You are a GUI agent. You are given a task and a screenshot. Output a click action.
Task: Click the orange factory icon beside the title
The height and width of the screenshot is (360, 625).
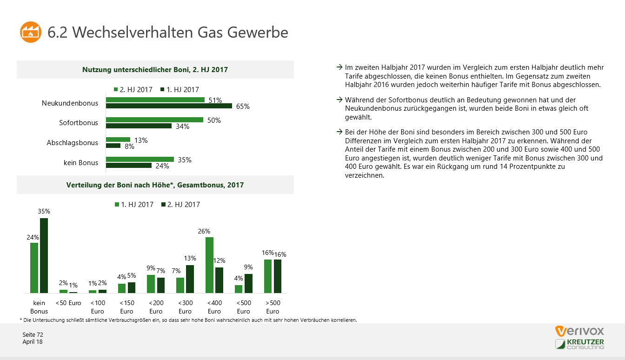(x=31, y=32)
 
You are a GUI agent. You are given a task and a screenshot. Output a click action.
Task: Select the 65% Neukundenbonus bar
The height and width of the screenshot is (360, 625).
(x=169, y=106)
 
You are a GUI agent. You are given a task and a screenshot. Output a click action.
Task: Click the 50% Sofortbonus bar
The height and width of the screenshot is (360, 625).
(x=154, y=120)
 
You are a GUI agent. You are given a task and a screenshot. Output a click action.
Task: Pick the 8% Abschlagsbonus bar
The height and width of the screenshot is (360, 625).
(x=113, y=146)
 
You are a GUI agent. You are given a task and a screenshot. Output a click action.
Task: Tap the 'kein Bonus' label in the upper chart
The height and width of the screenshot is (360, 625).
(x=81, y=162)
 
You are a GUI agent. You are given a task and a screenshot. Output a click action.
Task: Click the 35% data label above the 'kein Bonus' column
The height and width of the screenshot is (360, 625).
(x=44, y=211)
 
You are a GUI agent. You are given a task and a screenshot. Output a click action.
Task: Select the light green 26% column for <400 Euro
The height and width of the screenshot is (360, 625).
(x=209, y=265)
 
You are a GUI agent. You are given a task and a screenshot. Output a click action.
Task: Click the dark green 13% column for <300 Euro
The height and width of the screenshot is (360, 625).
(x=190, y=279)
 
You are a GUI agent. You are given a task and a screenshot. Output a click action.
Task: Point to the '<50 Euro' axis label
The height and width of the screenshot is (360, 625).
(x=68, y=303)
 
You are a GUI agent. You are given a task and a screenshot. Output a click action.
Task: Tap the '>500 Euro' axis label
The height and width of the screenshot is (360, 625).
(x=273, y=307)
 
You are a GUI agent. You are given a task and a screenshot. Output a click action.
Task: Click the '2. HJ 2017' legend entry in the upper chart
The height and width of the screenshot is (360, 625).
(x=133, y=90)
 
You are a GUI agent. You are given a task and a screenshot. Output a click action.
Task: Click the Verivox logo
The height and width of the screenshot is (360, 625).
(x=579, y=331)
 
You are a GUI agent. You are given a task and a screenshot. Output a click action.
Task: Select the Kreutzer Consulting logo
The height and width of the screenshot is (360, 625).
(x=579, y=344)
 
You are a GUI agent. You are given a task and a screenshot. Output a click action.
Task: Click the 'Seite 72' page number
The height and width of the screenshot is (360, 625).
(x=33, y=335)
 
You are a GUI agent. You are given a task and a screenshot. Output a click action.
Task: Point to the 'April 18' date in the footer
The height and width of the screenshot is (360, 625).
(x=33, y=342)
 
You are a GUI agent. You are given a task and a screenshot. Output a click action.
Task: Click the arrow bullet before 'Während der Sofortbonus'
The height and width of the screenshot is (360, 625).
(x=339, y=100)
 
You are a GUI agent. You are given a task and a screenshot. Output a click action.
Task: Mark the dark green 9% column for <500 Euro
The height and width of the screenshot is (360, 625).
(x=248, y=283)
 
